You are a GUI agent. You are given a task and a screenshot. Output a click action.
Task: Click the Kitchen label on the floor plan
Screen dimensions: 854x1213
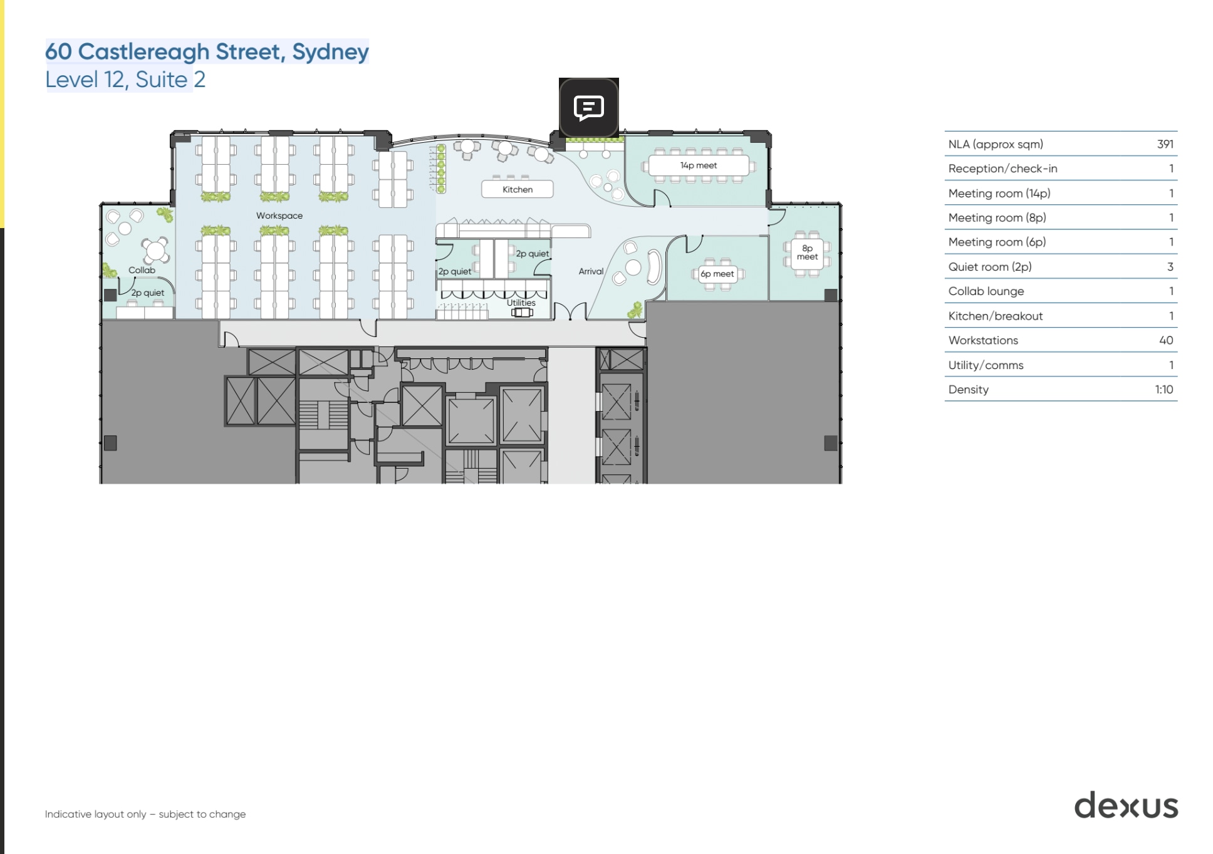(518, 189)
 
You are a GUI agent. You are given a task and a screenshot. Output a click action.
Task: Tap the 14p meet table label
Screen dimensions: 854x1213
(698, 165)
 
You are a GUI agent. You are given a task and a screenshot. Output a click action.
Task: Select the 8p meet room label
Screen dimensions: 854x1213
(807, 253)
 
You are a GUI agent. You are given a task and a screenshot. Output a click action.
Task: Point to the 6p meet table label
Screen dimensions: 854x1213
(717, 274)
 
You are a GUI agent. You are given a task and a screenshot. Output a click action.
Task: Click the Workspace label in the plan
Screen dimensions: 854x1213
(279, 216)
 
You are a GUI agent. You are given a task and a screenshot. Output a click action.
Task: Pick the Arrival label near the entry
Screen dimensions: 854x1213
(591, 271)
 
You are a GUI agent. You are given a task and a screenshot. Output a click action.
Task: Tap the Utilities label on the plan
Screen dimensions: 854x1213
(521, 303)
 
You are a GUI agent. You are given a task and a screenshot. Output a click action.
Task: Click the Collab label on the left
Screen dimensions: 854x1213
(142, 270)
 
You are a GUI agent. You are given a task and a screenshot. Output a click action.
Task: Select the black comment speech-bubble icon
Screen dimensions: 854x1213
(589, 108)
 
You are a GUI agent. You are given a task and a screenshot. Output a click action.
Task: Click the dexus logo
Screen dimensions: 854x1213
(1126, 806)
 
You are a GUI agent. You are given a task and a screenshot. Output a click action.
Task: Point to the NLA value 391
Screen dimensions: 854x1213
(1165, 144)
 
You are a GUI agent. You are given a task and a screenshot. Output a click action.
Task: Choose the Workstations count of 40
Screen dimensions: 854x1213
(1165, 340)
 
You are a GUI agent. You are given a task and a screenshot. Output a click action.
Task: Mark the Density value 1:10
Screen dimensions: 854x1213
(1164, 389)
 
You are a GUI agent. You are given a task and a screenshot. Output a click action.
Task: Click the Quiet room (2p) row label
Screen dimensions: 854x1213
(989, 266)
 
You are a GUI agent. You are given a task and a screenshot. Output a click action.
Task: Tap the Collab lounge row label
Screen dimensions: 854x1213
(986, 291)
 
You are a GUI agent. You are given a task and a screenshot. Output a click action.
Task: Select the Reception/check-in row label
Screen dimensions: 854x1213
(1002, 169)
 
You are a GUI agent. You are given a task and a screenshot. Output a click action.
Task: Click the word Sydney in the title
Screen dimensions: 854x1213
(330, 51)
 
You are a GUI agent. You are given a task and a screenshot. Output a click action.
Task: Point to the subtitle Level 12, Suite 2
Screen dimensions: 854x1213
(125, 80)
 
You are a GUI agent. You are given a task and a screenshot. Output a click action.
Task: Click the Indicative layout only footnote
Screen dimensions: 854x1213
(145, 814)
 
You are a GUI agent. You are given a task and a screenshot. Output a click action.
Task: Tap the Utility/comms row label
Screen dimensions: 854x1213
(986, 365)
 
